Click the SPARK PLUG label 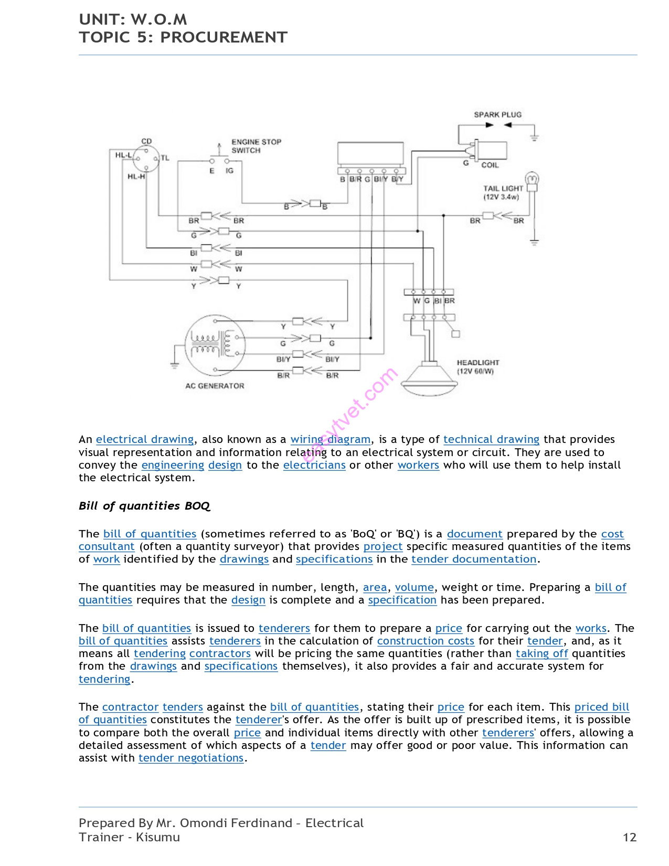[497, 114]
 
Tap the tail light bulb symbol [532, 179]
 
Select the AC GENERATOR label [215, 386]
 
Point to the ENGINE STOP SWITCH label [256, 146]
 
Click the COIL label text [490, 165]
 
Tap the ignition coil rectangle [492, 150]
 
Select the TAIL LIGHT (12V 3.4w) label [503, 193]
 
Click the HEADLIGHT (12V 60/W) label [477, 367]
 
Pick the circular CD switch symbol [146, 157]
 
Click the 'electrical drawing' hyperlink [145, 439]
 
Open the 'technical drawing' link [491, 439]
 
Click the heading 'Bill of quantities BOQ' [144, 506]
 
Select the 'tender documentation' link [474, 559]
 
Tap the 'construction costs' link [426, 641]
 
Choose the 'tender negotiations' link [191, 758]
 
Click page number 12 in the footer [629, 837]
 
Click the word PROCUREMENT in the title [224, 37]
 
